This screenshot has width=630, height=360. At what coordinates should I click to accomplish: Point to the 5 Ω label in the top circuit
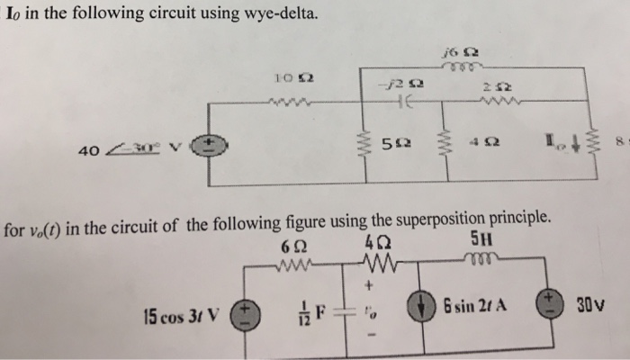pyautogui.click(x=391, y=143)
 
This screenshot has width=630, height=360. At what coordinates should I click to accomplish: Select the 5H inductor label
pyautogui.click(x=481, y=240)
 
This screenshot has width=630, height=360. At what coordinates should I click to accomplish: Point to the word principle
pyautogui.click(x=527, y=219)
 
